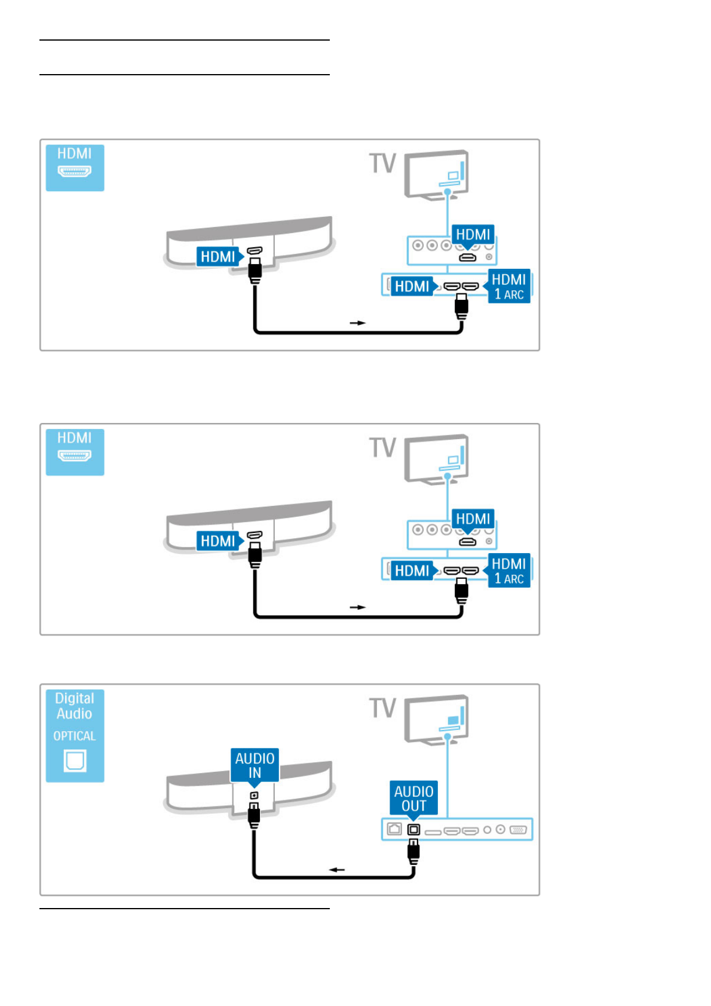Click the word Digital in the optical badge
[x=75, y=698]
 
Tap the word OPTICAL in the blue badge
[x=75, y=736]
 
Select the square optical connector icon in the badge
[x=75, y=760]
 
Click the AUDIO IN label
[x=255, y=765]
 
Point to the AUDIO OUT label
[x=413, y=798]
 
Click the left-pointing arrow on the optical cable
[x=337, y=869]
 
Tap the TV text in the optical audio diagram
[x=383, y=708]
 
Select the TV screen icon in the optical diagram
[x=437, y=719]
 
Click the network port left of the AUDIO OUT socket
[x=394, y=829]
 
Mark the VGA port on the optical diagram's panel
[x=519, y=829]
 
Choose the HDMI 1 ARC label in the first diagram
[x=509, y=287]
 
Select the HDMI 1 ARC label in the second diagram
[x=509, y=571]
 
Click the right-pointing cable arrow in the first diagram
[x=357, y=323]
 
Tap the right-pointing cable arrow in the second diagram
[x=357, y=607]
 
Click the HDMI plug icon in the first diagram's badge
[x=75, y=172]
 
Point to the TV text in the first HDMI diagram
[x=383, y=163]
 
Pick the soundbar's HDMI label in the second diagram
[x=217, y=541]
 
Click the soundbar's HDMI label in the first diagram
[x=217, y=257]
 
